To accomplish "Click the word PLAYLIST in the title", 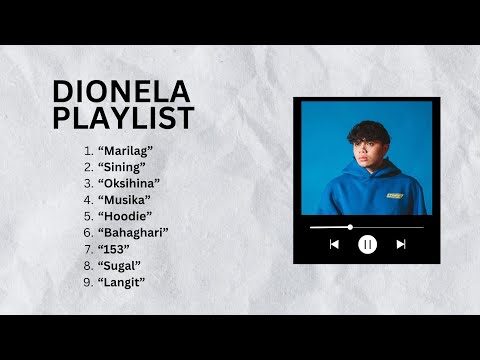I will pyautogui.click(x=121, y=118).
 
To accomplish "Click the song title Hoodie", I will pyautogui.click(x=126, y=216).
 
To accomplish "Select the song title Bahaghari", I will pyautogui.click(x=133, y=233).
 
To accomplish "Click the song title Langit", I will pyautogui.click(x=122, y=282).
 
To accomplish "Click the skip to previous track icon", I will pyautogui.click(x=334, y=244).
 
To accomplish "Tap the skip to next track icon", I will pyautogui.click(x=401, y=244).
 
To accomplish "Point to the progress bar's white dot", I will pyautogui.click(x=350, y=227).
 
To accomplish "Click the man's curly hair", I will pyautogui.click(x=364, y=131).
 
